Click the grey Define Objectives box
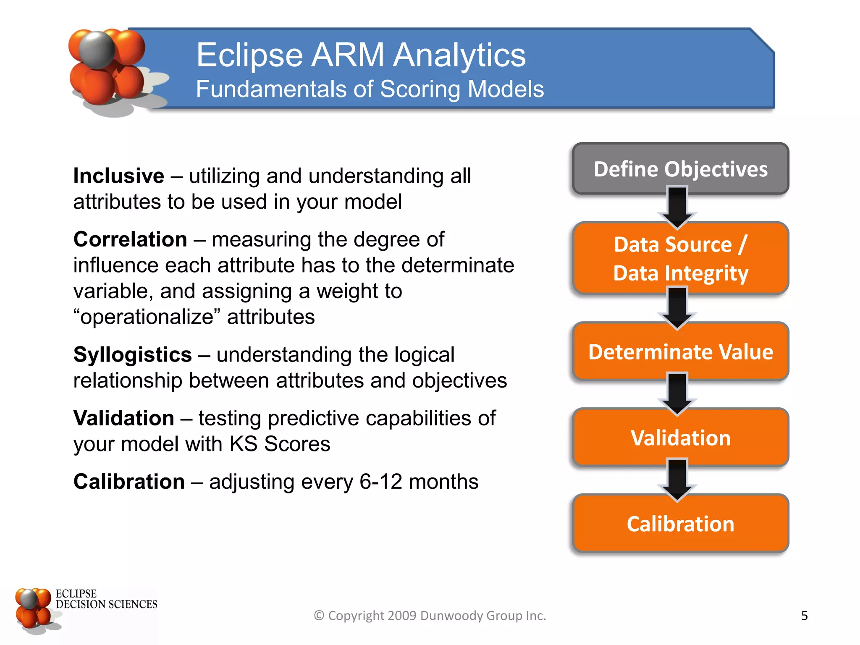point(680,169)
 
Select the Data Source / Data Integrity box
point(680,258)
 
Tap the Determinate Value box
point(680,352)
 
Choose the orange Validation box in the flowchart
point(680,438)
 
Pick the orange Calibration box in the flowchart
point(680,524)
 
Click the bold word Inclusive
point(119,176)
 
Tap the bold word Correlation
point(130,239)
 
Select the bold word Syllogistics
point(132,355)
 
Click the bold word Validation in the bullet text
point(123,418)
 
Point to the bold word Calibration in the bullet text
point(129,482)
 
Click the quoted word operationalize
point(147,317)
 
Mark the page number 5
point(804,616)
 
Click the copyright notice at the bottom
point(430,616)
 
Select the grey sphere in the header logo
point(97,50)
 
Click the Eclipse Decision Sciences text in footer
point(106,599)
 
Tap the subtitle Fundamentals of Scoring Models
point(370,89)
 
